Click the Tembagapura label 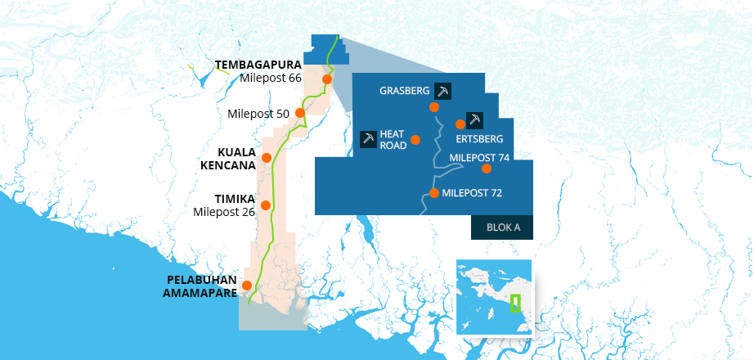258,64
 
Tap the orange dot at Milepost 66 326,79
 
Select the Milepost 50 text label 259,114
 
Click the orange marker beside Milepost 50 300,113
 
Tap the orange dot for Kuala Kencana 266,157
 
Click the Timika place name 235,199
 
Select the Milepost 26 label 224,212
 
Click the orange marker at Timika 266,205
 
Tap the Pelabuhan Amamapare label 201,286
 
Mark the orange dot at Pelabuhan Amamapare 247,285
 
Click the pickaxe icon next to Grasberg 443,91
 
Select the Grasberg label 404,91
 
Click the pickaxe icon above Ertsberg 474,120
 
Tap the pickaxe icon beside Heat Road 368,139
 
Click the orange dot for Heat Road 415,140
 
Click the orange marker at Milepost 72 434,194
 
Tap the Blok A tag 503,227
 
